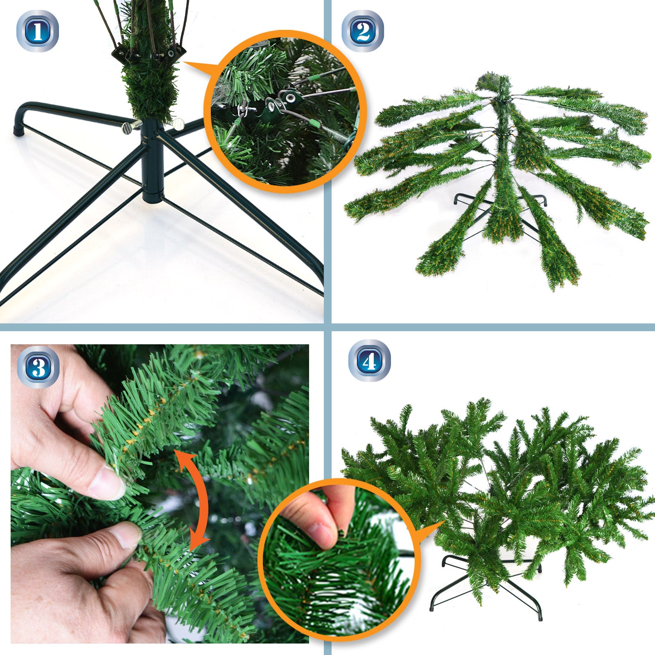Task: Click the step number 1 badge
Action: click(x=37, y=32)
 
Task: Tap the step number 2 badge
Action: click(x=363, y=32)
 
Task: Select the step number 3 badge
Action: click(x=38, y=367)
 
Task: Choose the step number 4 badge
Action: click(x=369, y=361)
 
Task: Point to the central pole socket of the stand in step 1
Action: click(x=152, y=161)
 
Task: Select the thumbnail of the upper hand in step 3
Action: click(x=106, y=484)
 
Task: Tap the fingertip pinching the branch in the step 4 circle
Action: click(x=319, y=532)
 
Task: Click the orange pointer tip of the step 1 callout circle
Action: click(x=184, y=62)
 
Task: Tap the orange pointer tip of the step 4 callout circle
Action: click(x=445, y=522)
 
